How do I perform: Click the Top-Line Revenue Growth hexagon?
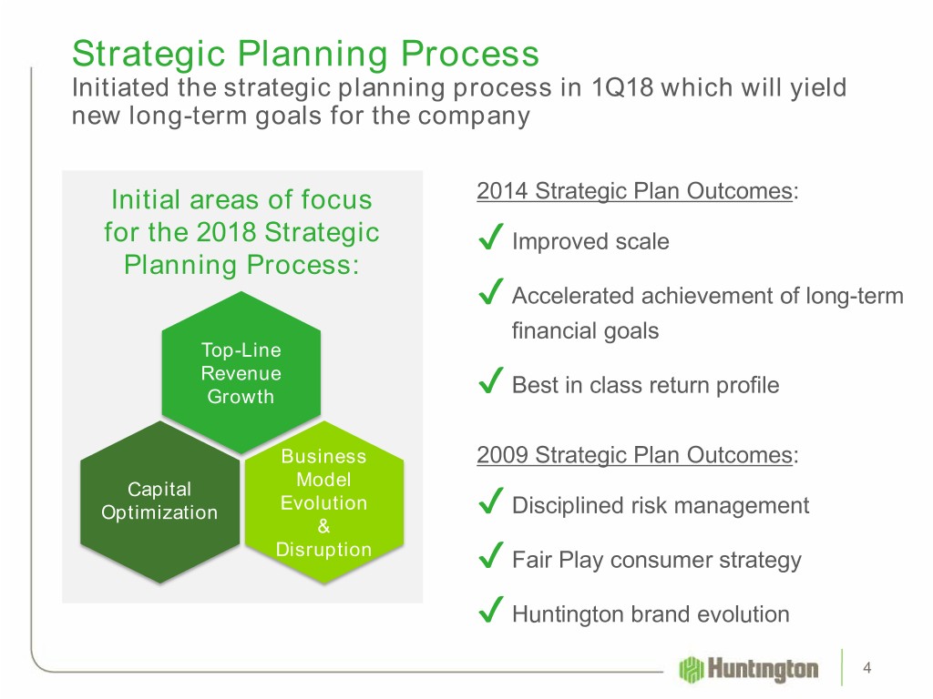coord(241,372)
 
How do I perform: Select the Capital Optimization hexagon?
coord(159,502)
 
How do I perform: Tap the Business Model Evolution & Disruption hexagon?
coord(324,502)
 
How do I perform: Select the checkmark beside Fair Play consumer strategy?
coord(491,555)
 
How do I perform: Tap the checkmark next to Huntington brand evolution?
coord(491,610)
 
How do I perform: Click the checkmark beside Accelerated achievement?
coord(491,291)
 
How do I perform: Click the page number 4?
coord(867,668)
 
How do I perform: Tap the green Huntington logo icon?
coord(692,669)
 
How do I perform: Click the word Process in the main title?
coord(470,54)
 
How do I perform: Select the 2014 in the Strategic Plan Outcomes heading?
coord(502,191)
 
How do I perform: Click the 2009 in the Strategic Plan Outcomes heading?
coord(502,455)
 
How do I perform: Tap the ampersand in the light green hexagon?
coord(323,526)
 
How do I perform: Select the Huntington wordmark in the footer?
coord(763,669)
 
